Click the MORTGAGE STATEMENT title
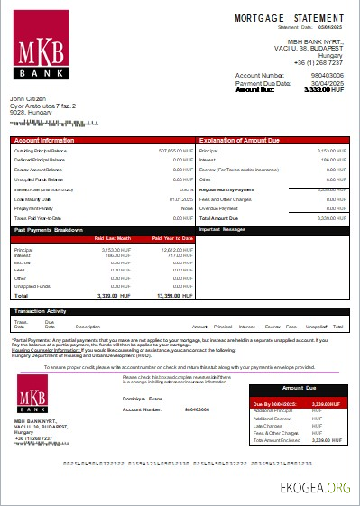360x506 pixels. click(289, 18)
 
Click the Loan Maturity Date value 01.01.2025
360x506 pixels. click(180, 198)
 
